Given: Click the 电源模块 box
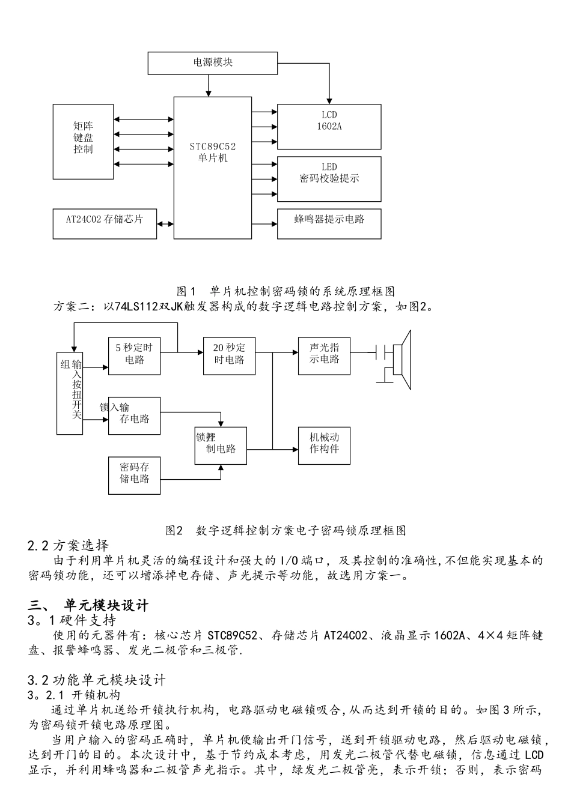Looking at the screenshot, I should (x=213, y=62).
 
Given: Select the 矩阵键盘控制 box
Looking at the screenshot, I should (x=83, y=141).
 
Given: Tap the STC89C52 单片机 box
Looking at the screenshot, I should (x=213, y=168).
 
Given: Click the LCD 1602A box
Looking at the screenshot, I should (x=329, y=126).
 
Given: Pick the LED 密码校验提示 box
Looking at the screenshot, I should (x=329, y=179).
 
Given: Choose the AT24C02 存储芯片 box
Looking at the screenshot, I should (x=105, y=223).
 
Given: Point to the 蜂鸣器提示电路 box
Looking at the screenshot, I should (x=329, y=223).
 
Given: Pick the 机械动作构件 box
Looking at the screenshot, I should (x=324, y=445).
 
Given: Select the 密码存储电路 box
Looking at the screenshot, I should (x=135, y=476).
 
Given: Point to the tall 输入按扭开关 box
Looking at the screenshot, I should (x=70, y=393).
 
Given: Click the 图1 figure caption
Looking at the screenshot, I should (x=285, y=291).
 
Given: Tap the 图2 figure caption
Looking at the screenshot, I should (x=285, y=530).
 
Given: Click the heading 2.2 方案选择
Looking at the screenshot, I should (x=69, y=546).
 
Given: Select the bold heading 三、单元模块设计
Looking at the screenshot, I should (x=88, y=605).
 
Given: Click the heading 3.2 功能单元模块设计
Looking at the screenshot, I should (x=97, y=680).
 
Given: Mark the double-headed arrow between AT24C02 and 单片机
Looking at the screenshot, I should (x=165, y=223).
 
